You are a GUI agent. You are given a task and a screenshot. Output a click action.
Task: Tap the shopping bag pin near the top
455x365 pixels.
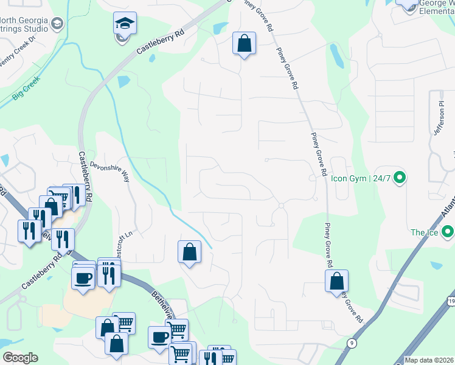[244, 44]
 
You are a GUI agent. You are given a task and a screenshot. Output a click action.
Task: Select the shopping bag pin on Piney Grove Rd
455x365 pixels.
[336, 282]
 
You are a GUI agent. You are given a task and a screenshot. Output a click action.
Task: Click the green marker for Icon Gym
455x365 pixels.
[400, 178]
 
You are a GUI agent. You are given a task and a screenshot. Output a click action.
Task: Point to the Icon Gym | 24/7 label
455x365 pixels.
[361, 179]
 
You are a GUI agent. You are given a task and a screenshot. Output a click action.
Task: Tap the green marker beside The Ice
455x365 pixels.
[448, 232]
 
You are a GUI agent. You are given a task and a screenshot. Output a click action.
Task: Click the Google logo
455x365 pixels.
[20, 358]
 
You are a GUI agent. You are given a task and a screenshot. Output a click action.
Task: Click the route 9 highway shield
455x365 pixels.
[352, 344]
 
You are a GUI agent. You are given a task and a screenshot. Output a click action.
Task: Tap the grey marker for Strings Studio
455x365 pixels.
[57, 24]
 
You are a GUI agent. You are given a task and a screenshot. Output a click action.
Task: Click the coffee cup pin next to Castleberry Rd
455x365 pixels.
[83, 278]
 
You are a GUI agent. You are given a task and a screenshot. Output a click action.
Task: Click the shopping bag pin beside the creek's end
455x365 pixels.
[189, 252]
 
